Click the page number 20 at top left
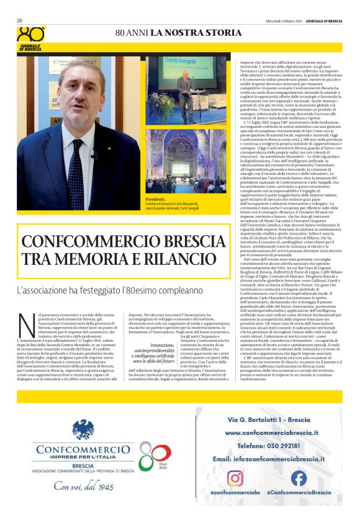coord(19,20)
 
